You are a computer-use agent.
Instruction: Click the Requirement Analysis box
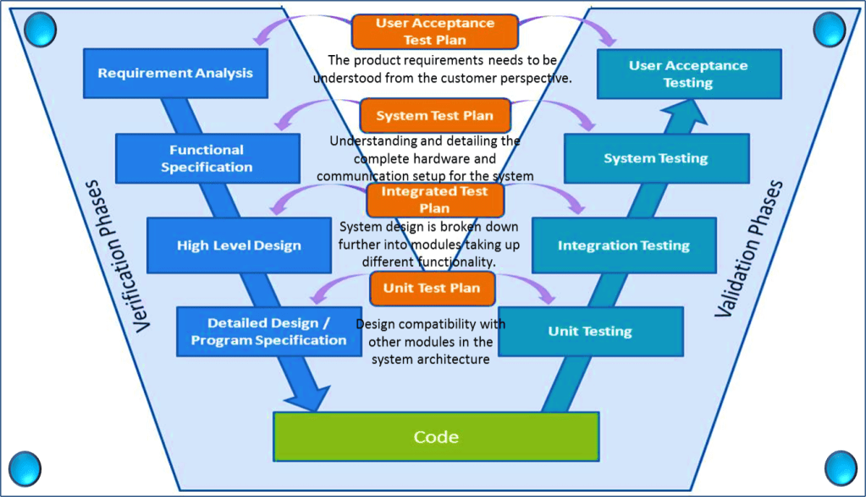pyautogui.click(x=175, y=73)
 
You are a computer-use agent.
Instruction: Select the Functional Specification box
pyautogui.click(x=207, y=158)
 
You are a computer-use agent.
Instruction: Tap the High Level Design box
pyautogui.click(x=239, y=246)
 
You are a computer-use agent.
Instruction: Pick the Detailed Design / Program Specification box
pyautogui.click(x=268, y=331)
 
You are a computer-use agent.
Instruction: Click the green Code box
pyautogui.click(x=436, y=437)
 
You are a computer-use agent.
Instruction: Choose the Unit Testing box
pyautogui.click(x=590, y=331)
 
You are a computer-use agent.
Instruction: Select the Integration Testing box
pyautogui.click(x=623, y=246)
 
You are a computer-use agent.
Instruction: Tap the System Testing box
pyautogui.click(x=655, y=158)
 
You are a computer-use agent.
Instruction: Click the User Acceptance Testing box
pyautogui.click(x=688, y=74)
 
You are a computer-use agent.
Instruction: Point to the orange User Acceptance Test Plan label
pyautogui.click(x=434, y=31)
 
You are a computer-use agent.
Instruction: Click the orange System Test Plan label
pyautogui.click(x=434, y=115)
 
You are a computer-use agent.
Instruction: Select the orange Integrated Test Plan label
pyautogui.click(x=434, y=200)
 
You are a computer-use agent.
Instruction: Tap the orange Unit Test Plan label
pyautogui.click(x=432, y=288)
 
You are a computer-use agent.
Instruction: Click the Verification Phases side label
pyautogui.click(x=118, y=255)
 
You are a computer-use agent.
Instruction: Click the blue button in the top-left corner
pyautogui.click(x=40, y=30)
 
